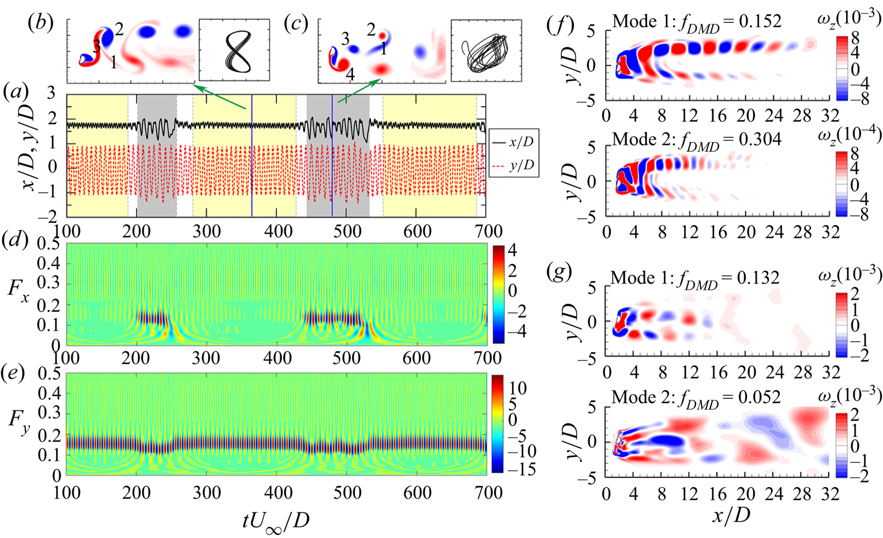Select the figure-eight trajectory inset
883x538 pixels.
(234, 50)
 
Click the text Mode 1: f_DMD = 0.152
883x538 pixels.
(697, 21)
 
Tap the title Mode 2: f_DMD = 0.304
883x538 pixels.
(697, 139)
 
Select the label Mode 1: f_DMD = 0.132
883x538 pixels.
(696, 278)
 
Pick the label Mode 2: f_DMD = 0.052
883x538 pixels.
(696, 397)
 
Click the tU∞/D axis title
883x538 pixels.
(276, 520)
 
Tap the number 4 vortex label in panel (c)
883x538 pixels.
(350, 74)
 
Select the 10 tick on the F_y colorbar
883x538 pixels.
(518, 388)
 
